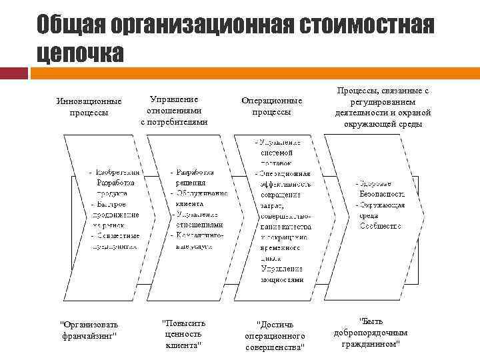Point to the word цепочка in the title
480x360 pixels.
[80, 53]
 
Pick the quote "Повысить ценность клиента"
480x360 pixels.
[184, 334]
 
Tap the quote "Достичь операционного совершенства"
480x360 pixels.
[275, 335]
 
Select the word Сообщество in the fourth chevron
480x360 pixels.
[381, 226]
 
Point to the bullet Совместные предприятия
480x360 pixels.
[116, 241]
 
